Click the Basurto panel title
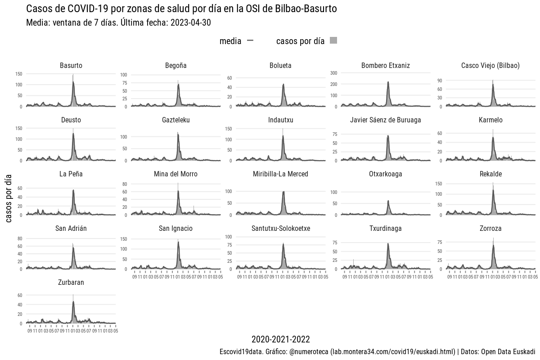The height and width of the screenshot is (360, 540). click(71, 66)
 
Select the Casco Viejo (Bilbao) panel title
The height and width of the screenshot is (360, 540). click(490, 66)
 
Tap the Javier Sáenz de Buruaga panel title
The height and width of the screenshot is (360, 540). click(386, 120)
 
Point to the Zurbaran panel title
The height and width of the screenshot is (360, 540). click(71, 283)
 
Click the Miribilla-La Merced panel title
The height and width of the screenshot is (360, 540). click(280, 174)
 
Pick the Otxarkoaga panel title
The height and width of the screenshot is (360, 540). click(386, 174)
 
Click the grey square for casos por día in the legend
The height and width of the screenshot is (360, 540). click(333, 41)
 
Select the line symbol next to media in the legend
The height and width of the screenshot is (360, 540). click(250, 41)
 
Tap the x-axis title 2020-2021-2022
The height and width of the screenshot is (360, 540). click(280, 339)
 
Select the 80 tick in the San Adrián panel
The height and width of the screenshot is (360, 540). click(20, 238)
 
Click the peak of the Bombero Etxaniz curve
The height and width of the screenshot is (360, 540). click(388, 82)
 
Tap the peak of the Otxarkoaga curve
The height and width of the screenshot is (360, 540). click(388, 201)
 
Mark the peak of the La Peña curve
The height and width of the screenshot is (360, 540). click(73, 190)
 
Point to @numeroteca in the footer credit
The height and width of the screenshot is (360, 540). click(308, 351)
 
